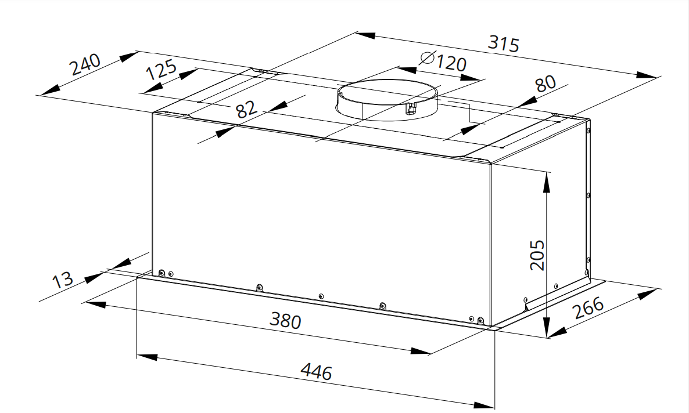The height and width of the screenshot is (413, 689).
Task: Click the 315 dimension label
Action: click(x=504, y=44)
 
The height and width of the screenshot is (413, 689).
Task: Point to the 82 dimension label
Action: click(x=246, y=109)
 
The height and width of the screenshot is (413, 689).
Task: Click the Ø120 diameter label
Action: click(x=443, y=61)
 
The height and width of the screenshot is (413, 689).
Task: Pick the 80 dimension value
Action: click(x=546, y=83)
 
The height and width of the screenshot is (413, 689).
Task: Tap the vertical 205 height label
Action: click(x=537, y=255)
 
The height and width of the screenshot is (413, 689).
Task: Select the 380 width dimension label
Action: click(x=286, y=320)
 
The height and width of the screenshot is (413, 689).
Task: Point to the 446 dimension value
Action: click(x=317, y=371)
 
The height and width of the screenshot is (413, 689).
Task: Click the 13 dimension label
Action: click(x=62, y=279)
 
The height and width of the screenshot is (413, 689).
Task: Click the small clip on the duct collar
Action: click(x=411, y=108)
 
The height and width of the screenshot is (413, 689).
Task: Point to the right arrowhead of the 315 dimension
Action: click(x=647, y=75)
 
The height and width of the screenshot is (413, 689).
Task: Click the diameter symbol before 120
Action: click(x=427, y=57)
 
